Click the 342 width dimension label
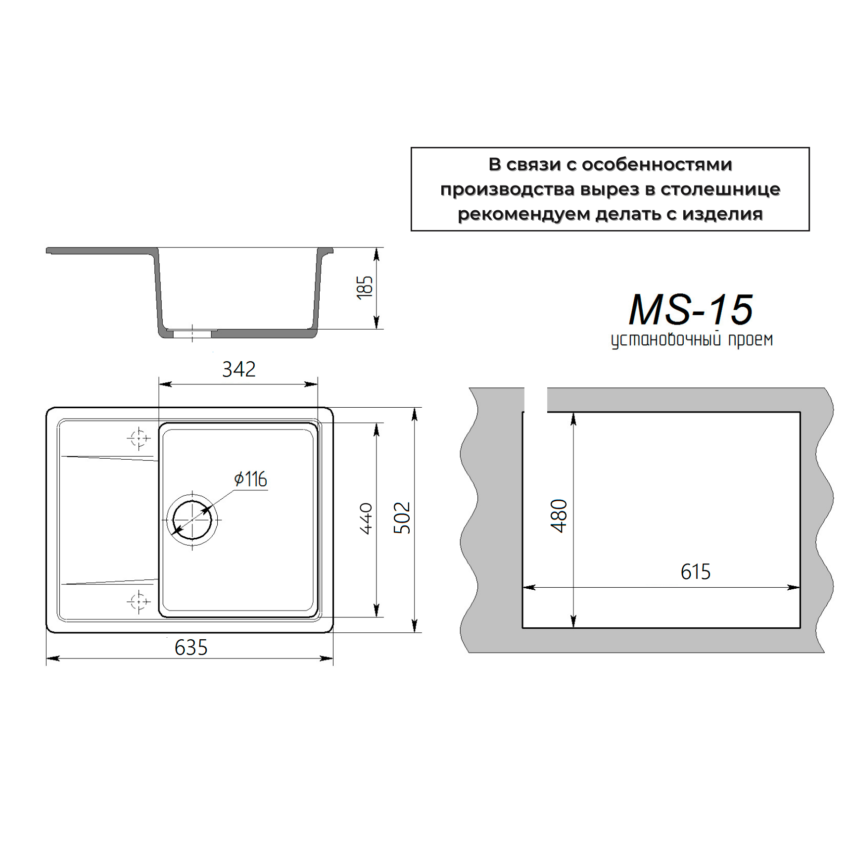pos(239,369)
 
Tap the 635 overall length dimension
pos(191,648)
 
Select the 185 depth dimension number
pos(365,287)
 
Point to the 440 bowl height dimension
pos(366,519)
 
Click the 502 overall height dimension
pos(402,518)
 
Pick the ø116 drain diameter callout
pos(251,479)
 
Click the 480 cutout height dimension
pos(559,516)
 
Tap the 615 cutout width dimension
pos(696,572)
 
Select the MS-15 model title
pos(691,310)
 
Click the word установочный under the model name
pos(666,340)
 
